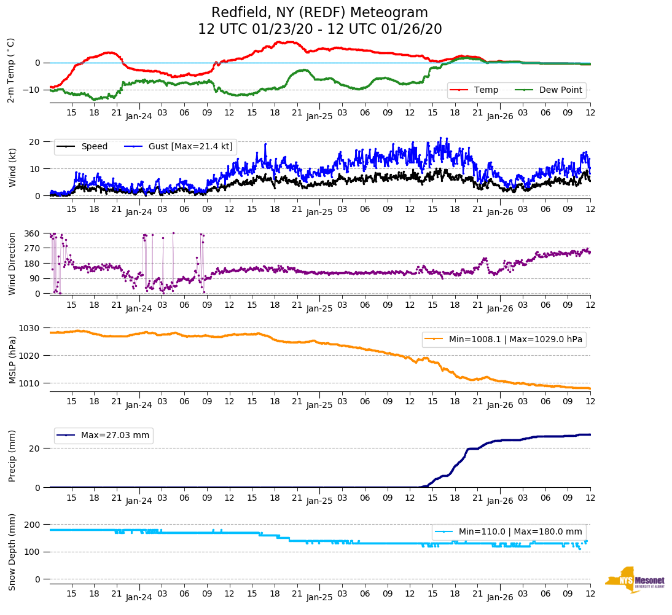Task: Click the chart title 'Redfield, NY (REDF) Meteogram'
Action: click(x=319, y=13)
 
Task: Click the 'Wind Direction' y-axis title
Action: click(x=12, y=264)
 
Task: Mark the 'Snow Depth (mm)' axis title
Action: click(x=12, y=551)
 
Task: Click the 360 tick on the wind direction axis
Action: click(x=33, y=233)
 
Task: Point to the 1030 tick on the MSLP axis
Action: click(x=31, y=328)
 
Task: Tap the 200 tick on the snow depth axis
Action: click(x=33, y=525)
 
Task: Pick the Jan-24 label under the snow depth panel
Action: click(x=139, y=597)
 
